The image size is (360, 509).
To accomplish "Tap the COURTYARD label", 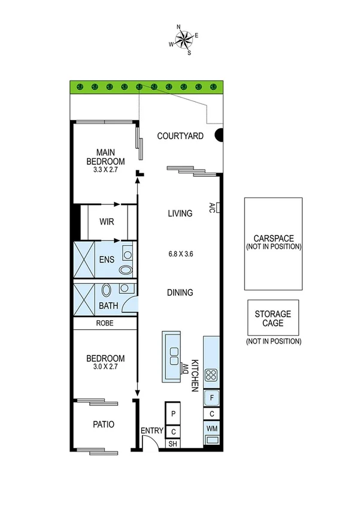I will (180, 136).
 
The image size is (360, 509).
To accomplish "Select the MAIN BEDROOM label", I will (105, 157).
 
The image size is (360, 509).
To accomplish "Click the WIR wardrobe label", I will (107, 221).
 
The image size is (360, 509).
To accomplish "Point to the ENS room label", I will (107, 260).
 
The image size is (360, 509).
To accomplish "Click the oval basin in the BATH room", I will (106, 291).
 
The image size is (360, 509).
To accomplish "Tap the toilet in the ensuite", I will (125, 270).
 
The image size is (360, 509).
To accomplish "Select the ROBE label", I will (105, 323).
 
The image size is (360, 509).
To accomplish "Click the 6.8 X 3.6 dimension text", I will (180, 254).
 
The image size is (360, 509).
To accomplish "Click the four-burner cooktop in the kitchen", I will (211, 376).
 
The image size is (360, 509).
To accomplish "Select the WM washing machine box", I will (212, 429).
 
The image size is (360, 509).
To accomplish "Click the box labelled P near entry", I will (173, 414).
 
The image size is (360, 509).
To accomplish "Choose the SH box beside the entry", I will (173, 444).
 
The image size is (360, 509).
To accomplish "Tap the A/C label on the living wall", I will (213, 207).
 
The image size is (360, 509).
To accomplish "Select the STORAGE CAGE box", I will (273, 318).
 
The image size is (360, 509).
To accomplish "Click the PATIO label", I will (104, 424).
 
